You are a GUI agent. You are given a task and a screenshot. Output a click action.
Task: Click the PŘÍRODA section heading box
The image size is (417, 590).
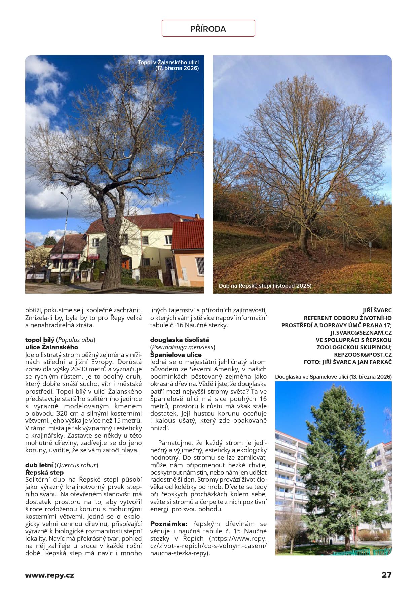(x=208, y=29)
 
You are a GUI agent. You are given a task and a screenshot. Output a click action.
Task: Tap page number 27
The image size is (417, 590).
(x=386, y=575)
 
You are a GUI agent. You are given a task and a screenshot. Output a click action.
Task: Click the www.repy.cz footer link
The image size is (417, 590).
(x=49, y=575)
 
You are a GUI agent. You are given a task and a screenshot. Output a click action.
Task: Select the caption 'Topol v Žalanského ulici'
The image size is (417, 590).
(x=168, y=63)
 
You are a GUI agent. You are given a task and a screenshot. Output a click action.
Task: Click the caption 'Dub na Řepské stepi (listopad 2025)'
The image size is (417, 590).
(x=265, y=286)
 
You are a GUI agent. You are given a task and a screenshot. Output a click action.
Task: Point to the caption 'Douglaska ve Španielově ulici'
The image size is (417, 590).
(x=333, y=377)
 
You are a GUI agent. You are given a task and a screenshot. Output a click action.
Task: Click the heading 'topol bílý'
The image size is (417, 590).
(x=40, y=340)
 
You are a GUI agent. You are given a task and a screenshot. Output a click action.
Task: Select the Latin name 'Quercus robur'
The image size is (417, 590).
(x=77, y=465)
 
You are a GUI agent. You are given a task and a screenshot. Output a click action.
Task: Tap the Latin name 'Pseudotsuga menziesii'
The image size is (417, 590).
(x=183, y=347)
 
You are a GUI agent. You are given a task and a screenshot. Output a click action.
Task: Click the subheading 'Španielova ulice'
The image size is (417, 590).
(x=176, y=355)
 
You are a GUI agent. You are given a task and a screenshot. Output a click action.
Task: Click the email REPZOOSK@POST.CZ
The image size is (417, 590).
(x=363, y=355)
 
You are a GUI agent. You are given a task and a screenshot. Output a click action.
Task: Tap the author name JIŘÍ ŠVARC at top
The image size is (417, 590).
(x=377, y=310)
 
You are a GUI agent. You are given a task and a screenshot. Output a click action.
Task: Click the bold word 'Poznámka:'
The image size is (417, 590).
(x=168, y=524)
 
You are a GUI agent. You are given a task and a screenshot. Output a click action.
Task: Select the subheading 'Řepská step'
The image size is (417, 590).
(x=44, y=473)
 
